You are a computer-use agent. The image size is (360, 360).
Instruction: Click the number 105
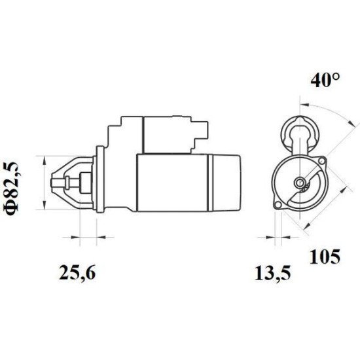pyautogui.click(x=326, y=256)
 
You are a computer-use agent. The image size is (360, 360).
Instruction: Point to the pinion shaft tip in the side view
pyautogui.click(x=55, y=181)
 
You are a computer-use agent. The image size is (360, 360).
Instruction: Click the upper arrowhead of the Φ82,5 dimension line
pyautogui.click(x=44, y=158)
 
